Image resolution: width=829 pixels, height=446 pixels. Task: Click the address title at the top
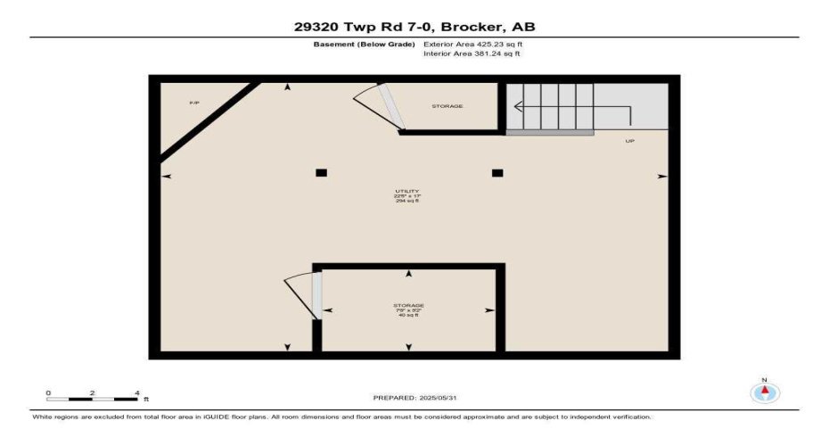click(414, 27)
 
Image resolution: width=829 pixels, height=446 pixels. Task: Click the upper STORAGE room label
click(447, 106)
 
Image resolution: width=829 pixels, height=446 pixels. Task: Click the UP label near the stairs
click(629, 141)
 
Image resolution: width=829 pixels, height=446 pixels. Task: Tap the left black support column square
click(321, 173)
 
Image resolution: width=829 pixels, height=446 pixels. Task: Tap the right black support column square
click(497, 173)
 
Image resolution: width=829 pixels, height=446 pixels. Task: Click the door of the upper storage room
click(387, 107)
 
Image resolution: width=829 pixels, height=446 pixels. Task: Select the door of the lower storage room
click(316, 295)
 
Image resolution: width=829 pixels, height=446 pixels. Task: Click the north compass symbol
click(765, 391)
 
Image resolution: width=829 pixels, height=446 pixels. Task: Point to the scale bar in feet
click(93, 396)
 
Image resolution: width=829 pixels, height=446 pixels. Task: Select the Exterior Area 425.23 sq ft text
click(472, 44)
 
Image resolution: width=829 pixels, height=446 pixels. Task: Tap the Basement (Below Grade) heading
click(365, 44)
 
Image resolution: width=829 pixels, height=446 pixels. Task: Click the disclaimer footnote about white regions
click(341, 417)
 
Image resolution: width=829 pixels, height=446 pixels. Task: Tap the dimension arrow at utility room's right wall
click(661, 176)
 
